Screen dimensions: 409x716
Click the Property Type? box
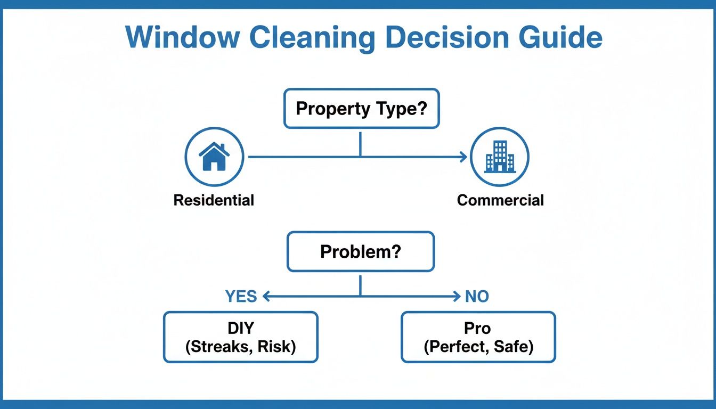(x=361, y=109)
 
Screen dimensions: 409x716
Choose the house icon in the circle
(x=214, y=157)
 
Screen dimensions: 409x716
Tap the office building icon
(x=500, y=157)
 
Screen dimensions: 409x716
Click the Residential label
(x=214, y=200)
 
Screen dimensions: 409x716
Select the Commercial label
(x=500, y=200)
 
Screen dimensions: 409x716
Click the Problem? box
(x=361, y=251)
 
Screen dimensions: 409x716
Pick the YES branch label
(x=241, y=297)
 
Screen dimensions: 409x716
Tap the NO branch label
(x=477, y=297)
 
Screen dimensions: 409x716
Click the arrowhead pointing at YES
(x=266, y=297)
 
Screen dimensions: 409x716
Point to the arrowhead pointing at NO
(x=456, y=297)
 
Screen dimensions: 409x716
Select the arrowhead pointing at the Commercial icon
(x=463, y=157)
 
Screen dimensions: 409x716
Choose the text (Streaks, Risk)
(x=240, y=347)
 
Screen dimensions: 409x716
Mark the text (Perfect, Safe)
(x=478, y=347)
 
